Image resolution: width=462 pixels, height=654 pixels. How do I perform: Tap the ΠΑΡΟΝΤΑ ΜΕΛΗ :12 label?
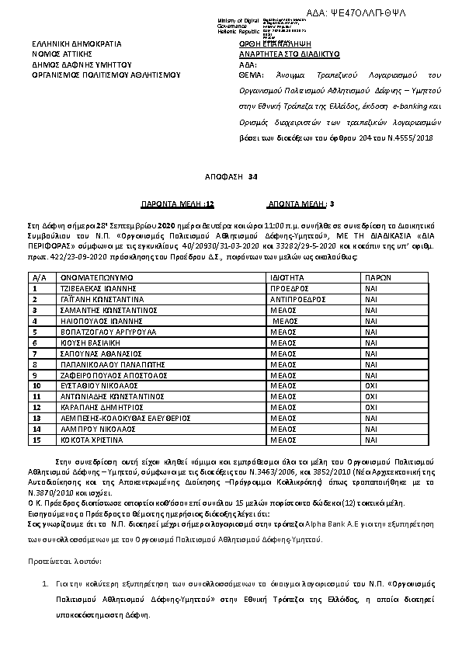click(x=176, y=205)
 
